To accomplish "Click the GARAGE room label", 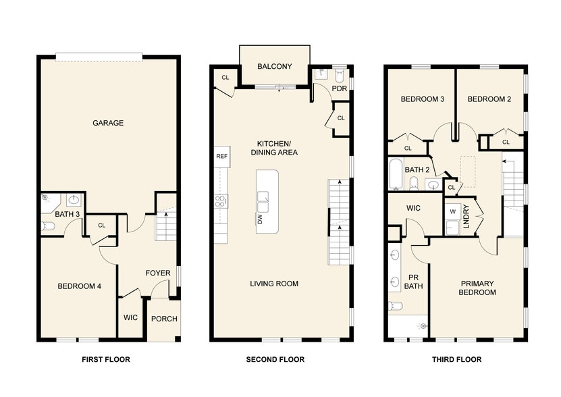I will point(108,123).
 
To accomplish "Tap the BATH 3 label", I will point(68,214).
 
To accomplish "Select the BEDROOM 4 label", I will point(79,286).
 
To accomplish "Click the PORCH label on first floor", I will point(163,319).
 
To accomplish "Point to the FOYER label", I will point(158,273).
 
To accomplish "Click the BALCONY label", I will point(275,66).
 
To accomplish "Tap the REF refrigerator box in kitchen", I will point(221,156).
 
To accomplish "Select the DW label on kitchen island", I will point(259,218).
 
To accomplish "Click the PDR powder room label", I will point(339,88).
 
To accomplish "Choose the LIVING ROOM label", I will point(274,284).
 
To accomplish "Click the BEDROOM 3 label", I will point(422,99).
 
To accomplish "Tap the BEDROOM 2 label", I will point(489,99).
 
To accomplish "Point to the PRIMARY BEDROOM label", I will point(478,288).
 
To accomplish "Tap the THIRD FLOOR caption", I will point(456,359).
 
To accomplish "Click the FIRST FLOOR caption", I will point(105,359).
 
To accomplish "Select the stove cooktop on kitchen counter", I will point(221,201).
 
